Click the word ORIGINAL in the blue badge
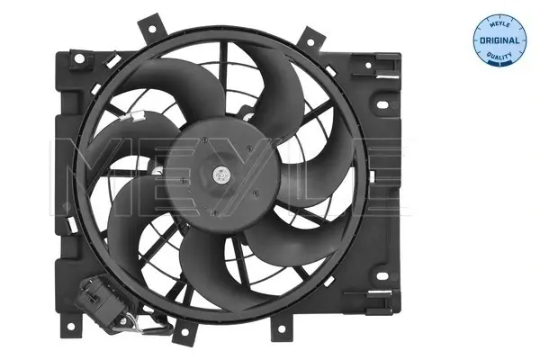click(499, 40)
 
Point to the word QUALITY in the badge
click(499, 56)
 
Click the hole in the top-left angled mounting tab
click(150, 29)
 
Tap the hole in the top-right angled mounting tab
click(310, 42)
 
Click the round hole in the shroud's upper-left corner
click(80, 58)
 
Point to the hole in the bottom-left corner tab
click(70, 326)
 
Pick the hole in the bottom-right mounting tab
click(282, 329)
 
